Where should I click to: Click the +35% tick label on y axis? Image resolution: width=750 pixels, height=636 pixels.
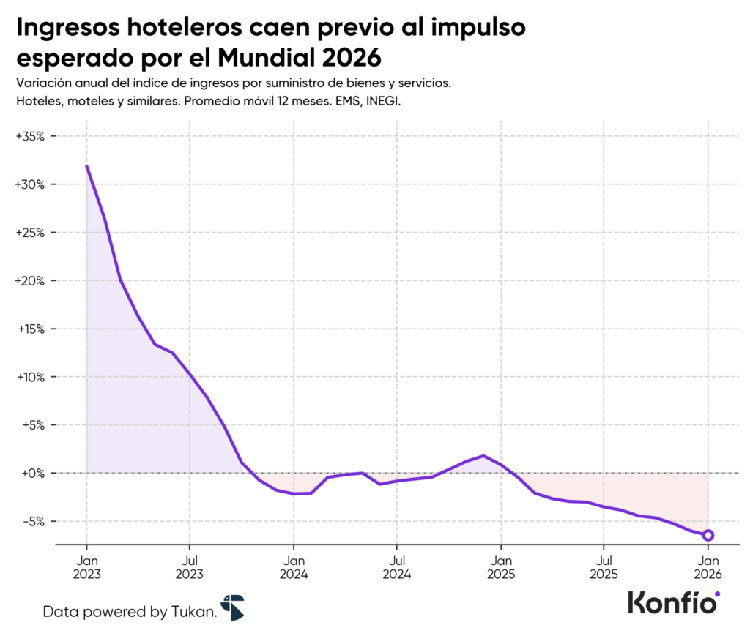tap(30, 137)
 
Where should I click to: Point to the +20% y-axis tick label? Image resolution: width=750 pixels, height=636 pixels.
tap(30, 281)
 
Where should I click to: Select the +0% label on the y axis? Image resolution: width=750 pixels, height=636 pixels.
tap(33, 474)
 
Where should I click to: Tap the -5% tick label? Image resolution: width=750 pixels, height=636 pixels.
tap(34, 522)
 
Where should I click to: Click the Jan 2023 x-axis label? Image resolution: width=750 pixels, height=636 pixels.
tap(86, 566)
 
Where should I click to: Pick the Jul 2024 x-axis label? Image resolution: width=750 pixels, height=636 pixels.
tap(396, 566)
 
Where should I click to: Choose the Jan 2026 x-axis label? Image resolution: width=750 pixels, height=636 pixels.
tap(708, 566)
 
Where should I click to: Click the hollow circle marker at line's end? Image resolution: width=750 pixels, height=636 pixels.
tap(708, 535)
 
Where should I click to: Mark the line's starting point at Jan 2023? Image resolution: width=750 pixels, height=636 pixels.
tap(86, 165)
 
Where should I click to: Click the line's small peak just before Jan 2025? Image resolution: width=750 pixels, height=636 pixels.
tap(483, 456)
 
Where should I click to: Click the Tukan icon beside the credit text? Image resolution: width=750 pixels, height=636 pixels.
tap(232, 607)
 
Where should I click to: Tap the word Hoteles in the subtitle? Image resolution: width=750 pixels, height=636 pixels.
tap(37, 102)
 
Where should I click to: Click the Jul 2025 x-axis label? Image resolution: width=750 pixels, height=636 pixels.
tap(604, 566)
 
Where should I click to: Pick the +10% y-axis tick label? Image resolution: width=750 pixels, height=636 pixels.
tap(30, 378)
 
